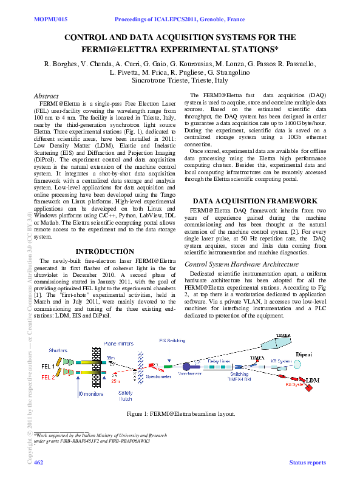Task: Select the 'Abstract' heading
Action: (46, 96)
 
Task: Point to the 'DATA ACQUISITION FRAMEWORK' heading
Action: (254, 200)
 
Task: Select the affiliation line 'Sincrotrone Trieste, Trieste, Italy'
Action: (180, 80)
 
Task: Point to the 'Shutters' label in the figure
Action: (58, 351)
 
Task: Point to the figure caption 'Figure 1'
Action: (180, 413)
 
